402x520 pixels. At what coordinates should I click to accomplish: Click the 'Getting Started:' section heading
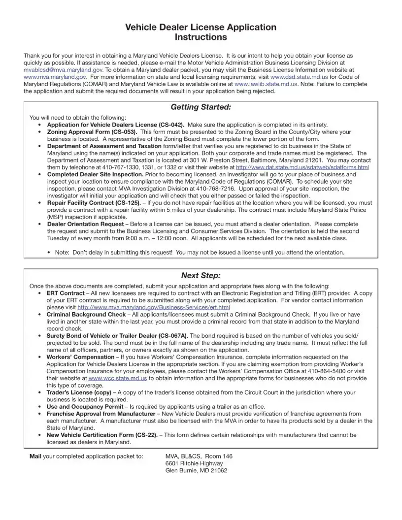(201, 107)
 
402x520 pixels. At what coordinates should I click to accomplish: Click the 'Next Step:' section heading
(201, 275)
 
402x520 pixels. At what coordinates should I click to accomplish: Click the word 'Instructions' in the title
(201, 37)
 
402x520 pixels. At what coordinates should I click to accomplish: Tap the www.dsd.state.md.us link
(299, 77)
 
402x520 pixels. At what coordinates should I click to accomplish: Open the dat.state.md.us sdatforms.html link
(302, 167)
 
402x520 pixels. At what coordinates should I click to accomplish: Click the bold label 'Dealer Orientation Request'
(85, 224)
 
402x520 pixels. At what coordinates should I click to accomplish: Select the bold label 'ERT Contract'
(66, 293)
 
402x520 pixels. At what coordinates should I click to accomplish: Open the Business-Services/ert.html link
(153, 307)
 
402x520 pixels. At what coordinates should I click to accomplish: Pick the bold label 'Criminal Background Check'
(86, 314)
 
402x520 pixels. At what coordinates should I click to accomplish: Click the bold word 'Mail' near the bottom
(35, 456)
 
